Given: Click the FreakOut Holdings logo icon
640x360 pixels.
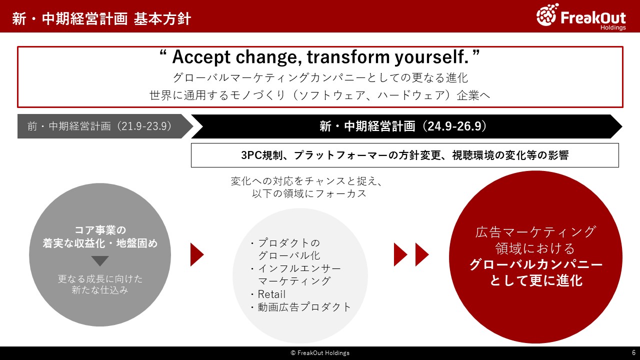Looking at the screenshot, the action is tap(547, 14).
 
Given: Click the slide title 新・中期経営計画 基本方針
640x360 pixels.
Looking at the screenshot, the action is tap(101, 19).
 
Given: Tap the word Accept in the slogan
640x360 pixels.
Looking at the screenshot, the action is tap(201, 57).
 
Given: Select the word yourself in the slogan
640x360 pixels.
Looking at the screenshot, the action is tap(431, 57).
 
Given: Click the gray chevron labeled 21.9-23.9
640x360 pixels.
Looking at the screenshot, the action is tap(105, 126).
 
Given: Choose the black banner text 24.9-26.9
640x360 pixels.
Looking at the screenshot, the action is tap(455, 126).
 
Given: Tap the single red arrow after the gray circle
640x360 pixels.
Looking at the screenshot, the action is tap(197, 254).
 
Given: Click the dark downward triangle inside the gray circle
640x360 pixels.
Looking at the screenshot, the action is tap(100, 260).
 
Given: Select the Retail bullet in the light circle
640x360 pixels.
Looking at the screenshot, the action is tap(271, 294).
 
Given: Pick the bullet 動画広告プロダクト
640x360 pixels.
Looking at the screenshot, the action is tap(304, 307).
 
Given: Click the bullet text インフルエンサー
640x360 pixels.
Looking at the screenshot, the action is tap(299, 268).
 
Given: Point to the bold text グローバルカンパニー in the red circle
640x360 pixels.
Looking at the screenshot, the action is tap(535, 264).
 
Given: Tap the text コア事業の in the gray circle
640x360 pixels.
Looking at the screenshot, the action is tap(100, 229).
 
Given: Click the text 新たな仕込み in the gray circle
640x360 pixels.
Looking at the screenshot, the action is tap(99, 290).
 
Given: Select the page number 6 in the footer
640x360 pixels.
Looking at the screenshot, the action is tap(633, 352).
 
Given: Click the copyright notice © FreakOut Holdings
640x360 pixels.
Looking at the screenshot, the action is tap(320, 353).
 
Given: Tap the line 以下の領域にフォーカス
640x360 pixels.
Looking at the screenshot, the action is tap(309, 193).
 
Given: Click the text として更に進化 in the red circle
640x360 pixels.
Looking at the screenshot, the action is tap(536, 280).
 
